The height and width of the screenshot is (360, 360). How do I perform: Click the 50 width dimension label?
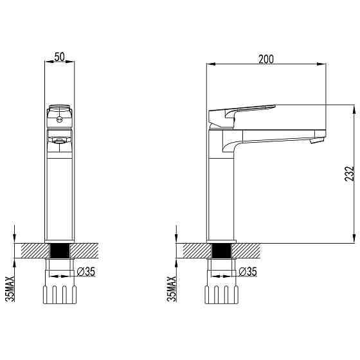click(59, 57)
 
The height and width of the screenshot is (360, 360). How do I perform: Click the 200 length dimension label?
click(265, 59)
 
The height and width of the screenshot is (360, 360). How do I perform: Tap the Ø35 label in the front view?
click(86, 272)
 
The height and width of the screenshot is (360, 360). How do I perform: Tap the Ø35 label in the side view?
click(248, 272)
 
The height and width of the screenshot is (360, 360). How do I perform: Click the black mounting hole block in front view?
click(59, 251)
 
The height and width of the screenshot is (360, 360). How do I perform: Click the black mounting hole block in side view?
click(221, 251)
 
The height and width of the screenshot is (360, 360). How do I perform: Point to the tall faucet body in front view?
click(59, 193)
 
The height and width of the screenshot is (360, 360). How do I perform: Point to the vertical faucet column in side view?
click(221, 193)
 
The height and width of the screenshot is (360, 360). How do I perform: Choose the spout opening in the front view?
click(59, 139)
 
